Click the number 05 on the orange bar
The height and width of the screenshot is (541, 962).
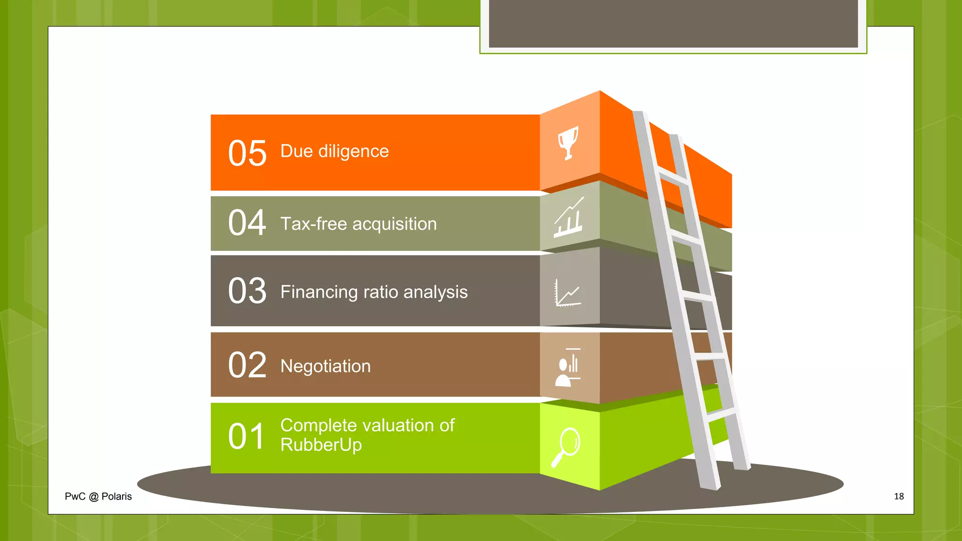(247, 154)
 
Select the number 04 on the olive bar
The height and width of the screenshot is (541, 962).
(247, 223)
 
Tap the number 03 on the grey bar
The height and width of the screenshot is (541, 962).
(247, 291)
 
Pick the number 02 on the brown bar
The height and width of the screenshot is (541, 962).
(247, 365)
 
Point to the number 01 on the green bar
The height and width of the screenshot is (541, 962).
(246, 436)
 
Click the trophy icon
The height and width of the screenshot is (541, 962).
(568, 143)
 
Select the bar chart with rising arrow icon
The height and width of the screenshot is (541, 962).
(569, 217)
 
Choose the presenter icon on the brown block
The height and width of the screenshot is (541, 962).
(568, 367)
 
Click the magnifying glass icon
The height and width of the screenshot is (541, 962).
(566, 447)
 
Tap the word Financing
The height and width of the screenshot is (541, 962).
(319, 293)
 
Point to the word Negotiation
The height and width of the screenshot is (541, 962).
(325, 366)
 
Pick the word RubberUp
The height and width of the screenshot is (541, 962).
(321, 445)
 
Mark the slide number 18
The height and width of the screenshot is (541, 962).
(899, 496)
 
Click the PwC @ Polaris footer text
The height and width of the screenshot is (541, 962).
(98, 496)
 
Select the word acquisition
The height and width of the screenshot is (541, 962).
(395, 224)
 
